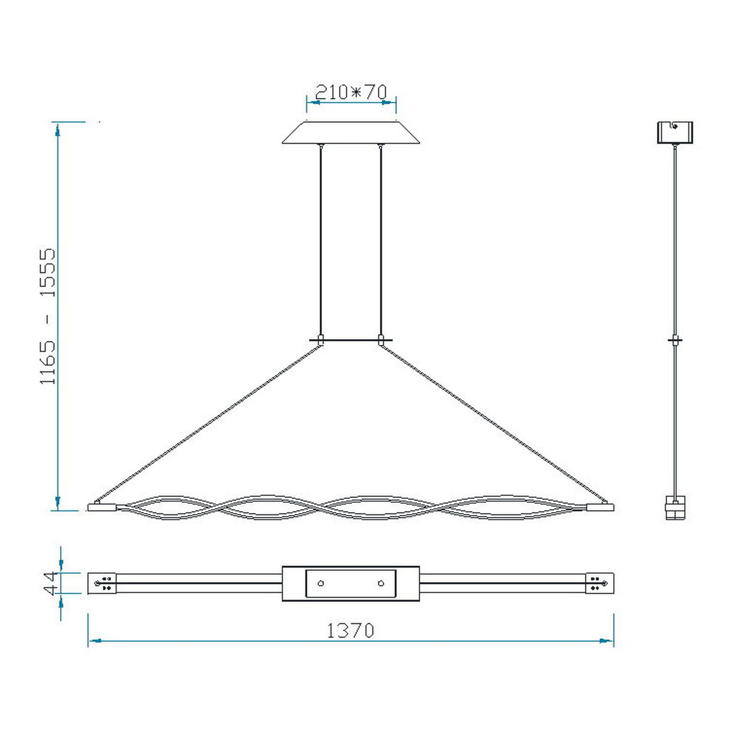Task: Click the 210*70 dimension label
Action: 351,92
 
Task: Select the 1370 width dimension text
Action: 351,631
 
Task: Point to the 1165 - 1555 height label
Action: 48,316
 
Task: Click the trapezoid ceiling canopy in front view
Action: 351,133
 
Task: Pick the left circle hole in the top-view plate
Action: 321,583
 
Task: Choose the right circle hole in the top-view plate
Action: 380,583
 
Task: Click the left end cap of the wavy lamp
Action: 102,507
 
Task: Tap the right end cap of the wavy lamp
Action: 600,507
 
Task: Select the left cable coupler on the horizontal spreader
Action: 320,340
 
